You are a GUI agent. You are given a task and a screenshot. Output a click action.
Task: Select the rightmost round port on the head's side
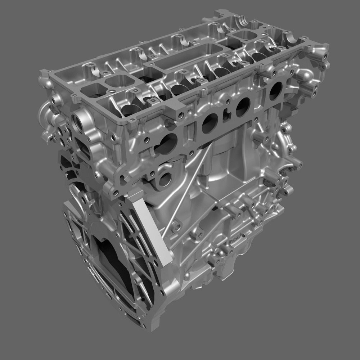click(275, 90)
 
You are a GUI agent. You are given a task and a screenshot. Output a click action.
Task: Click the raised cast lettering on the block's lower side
click(236, 239)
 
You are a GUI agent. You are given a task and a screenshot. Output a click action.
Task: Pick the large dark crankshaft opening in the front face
click(108, 266)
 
